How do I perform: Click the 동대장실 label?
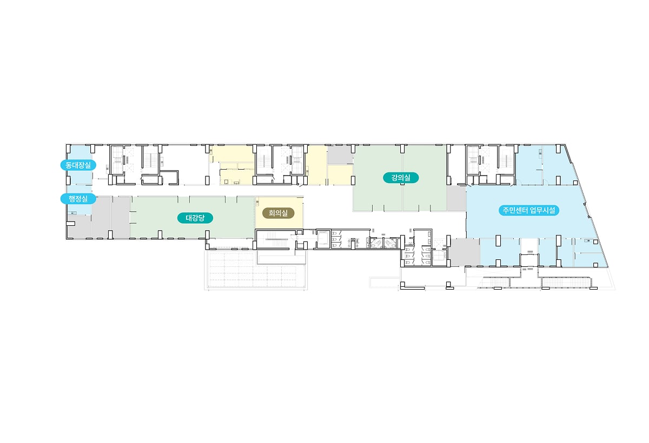point(78,165)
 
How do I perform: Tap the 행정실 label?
point(78,199)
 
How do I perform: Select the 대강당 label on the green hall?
point(195,218)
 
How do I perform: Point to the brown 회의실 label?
point(278,213)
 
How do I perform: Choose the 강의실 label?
point(401,178)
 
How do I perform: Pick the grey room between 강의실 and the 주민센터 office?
point(456,198)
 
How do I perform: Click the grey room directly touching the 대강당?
point(121,218)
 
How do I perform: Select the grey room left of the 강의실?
point(339,155)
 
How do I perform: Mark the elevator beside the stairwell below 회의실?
point(323,239)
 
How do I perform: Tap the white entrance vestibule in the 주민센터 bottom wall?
point(529,260)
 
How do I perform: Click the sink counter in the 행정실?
point(72,213)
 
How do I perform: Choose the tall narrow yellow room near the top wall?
point(317,165)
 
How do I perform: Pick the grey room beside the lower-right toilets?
point(465,252)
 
